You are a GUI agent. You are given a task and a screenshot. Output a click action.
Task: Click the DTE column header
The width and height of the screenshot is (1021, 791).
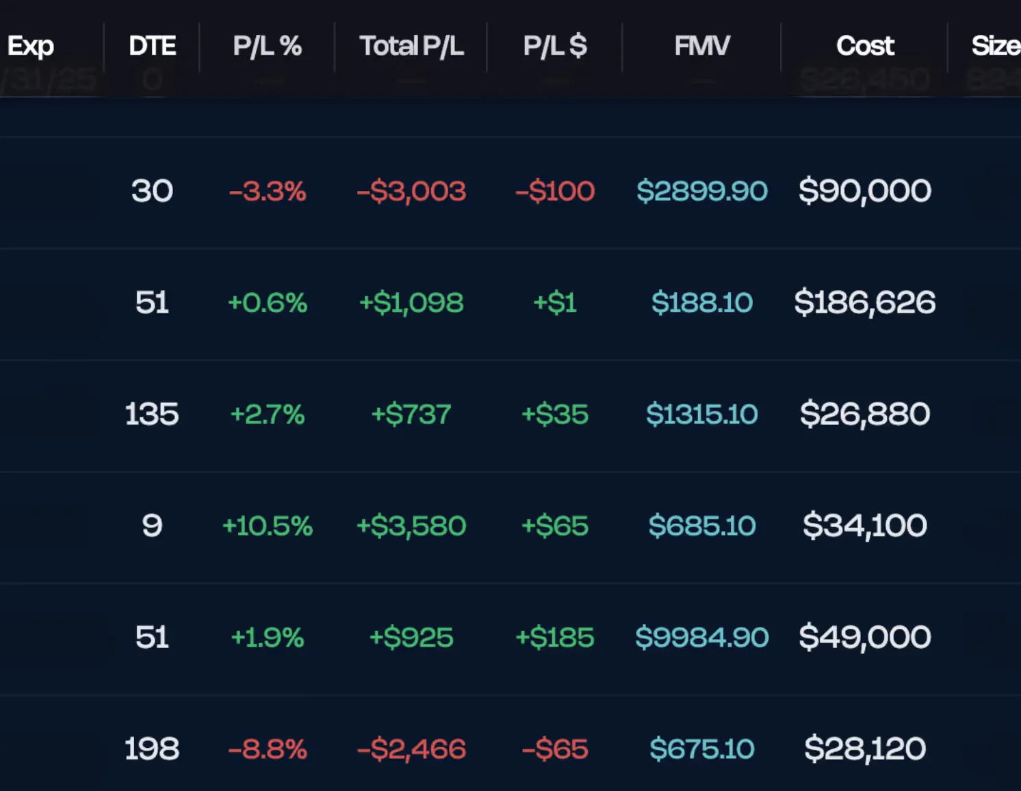[x=152, y=46]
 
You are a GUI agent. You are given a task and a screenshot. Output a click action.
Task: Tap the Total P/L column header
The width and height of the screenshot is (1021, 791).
[x=411, y=46]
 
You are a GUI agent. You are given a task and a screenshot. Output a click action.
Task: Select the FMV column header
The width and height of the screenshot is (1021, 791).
[x=701, y=46]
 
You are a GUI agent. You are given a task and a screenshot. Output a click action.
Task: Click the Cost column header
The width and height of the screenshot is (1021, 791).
[x=864, y=46]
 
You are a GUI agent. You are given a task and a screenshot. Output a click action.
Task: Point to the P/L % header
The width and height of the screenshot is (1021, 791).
[x=267, y=46]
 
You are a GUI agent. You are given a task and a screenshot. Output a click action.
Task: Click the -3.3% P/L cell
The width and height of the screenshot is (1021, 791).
[x=267, y=191]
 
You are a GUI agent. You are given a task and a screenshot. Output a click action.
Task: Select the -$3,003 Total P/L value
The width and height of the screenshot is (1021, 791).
[x=411, y=191]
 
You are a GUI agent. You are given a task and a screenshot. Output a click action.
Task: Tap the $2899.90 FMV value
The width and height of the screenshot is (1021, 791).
[x=701, y=191]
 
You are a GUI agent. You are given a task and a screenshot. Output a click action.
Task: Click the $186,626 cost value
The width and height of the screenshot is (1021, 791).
[x=864, y=302]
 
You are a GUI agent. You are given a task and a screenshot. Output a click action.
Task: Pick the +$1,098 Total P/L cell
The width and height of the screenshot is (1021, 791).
[x=411, y=302]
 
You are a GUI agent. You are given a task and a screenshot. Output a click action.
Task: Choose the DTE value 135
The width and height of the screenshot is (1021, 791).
[x=152, y=414]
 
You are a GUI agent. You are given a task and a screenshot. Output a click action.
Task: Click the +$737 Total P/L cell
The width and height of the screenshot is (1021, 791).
[x=411, y=414]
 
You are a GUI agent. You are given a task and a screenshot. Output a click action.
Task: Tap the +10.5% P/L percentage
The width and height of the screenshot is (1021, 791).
[x=267, y=526]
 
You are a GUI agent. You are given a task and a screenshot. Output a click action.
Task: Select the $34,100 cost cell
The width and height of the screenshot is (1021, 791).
[x=864, y=526]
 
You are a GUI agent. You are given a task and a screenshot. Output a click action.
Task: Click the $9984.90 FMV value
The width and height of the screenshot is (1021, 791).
[x=701, y=637]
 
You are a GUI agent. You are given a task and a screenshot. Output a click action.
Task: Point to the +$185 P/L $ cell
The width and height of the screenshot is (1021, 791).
[x=554, y=637]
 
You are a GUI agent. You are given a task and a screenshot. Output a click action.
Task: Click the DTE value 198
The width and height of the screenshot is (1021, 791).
[x=152, y=749]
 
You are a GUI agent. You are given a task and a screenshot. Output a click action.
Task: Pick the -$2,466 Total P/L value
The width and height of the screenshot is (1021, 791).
[x=411, y=749]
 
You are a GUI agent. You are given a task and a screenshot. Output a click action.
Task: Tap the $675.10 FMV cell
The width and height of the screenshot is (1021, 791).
[x=701, y=749]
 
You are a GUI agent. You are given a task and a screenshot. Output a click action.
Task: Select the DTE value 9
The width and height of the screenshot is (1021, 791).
[x=152, y=526]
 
